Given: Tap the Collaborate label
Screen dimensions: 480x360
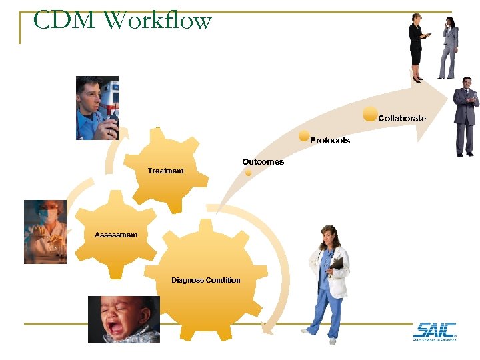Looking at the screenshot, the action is [x=402, y=118].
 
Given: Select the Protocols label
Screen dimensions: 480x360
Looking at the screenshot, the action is [x=330, y=141].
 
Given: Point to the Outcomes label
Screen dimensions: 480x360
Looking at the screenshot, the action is [x=263, y=162].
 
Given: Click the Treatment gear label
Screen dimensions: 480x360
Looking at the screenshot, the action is [x=165, y=171].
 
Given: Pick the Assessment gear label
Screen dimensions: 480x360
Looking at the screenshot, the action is [x=116, y=235].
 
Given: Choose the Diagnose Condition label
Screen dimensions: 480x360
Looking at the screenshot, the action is [x=205, y=280].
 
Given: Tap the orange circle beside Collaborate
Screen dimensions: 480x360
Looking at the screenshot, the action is [x=370, y=113].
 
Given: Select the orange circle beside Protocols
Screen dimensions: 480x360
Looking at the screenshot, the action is [x=304, y=135].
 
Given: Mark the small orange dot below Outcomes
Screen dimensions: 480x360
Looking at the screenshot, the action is [x=248, y=172].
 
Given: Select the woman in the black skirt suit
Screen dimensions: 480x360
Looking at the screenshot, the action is [x=417, y=47].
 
